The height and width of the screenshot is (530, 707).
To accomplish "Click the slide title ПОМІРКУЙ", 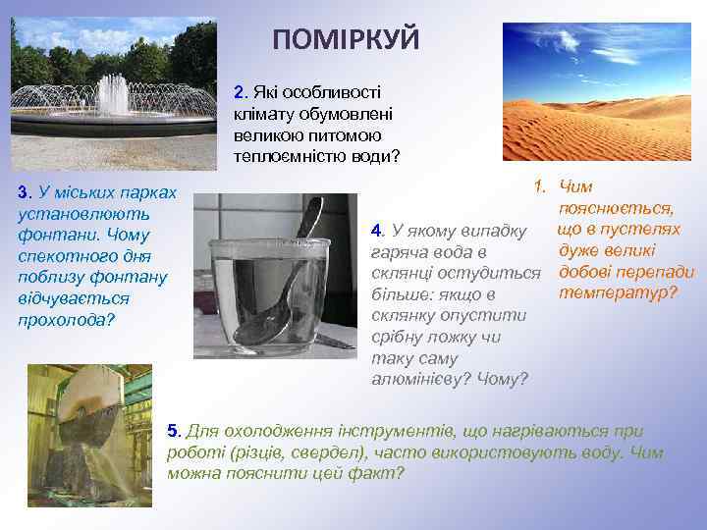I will (346, 39).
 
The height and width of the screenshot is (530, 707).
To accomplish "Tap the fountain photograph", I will (113, 93).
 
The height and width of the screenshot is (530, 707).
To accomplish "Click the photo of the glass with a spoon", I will (275, 278).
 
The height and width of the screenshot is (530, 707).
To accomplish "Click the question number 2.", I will (240, 92).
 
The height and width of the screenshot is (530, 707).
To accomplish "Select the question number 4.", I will (376, 231).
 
